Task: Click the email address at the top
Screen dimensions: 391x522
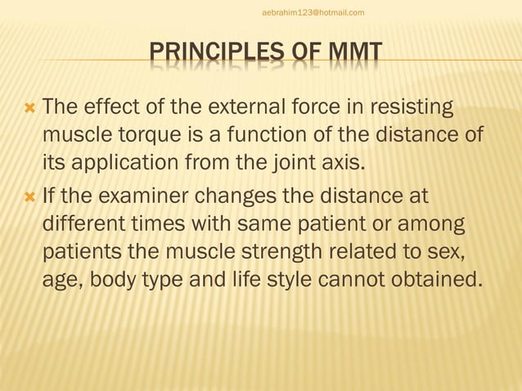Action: tap(313, 12)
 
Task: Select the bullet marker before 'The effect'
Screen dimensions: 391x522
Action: tap(30, 108)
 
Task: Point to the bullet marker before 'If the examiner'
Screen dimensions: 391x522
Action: tap(30, 197)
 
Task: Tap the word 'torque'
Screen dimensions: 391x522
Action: tap(140, 134)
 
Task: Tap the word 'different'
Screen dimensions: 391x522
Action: tap(81, 224)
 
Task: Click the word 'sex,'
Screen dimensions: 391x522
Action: tap(464, 251)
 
